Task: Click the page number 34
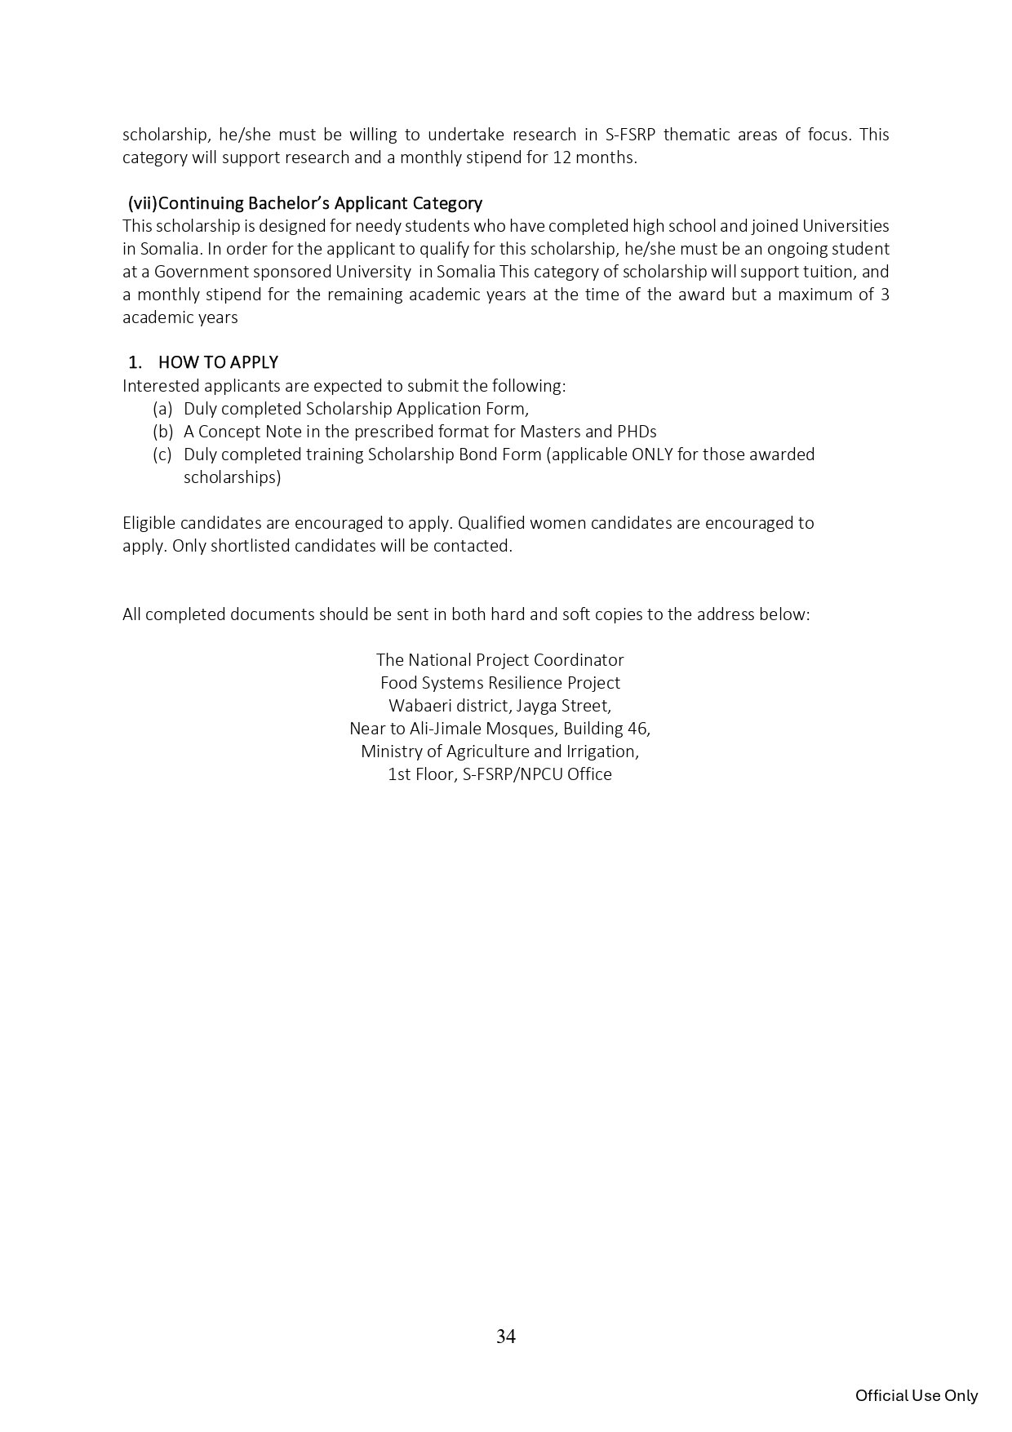(505, 1337)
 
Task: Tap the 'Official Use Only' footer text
(916, 1395)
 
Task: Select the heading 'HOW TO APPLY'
(218, 362)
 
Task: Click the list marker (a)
(162, 408)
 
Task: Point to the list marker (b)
(162, 431)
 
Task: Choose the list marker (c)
(162, 454)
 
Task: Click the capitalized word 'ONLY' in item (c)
(652, 454)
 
